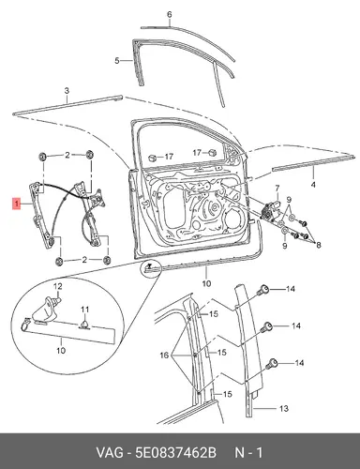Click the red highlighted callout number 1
pyautogui.click(x=17, y=204)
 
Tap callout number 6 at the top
pyautogui.click(x=170, y=14)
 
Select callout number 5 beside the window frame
pyautogui.click(x=117, y=60)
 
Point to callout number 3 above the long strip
pyautogui.click(x=67, y=91)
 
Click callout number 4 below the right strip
pyautogui.click(x=313, y=185)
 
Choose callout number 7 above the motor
pyautogui.click(x=277, y=189)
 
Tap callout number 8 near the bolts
pyautogui.click(x=318, y=245)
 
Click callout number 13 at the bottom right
pyautogui.click(x=284, y=408)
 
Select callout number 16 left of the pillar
pyautogui.click(x=164, y=356)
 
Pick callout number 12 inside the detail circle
pyautogui.click(x=58, y=286)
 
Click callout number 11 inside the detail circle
pyautogui.click(x=85, y=310)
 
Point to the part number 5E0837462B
pyautogui.click(x=175, y=453)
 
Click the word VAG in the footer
pyautogui.click(x=110, y=453)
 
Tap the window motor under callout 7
pyautogui.click(x=268, y=210)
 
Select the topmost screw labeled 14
pyautogui.click(x=263, y=290)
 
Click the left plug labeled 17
pyautogui.click(x=153, y=158)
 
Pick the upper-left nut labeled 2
pyautogui.click(x=42, y=156)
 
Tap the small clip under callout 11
pyautogui.click(x=85, y=325)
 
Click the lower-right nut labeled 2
pyautogui.click(x=107, y=260)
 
